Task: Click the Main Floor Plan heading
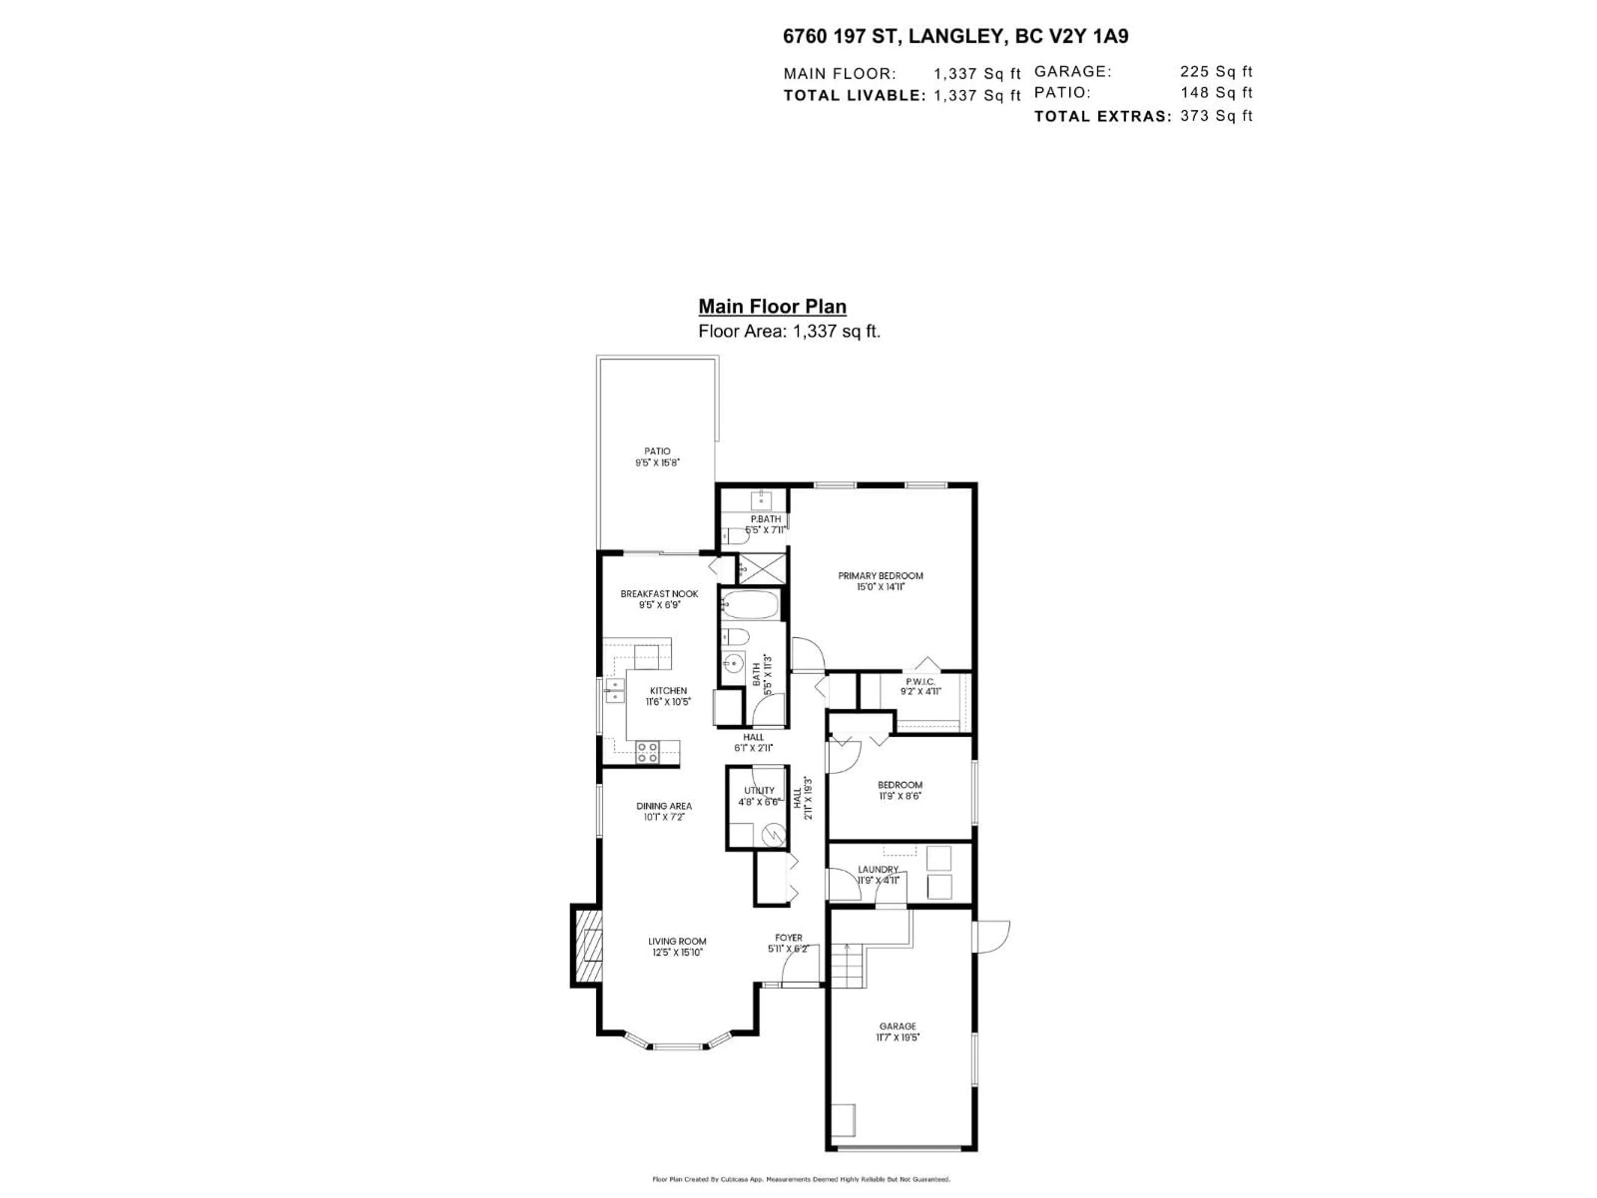click(x=772, y=307)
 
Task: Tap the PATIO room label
click(x=657, y=451)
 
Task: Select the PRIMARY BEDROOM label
click(x=880, y=576)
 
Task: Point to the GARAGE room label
click(x=897, y=1026)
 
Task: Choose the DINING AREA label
click(x=663, y=806)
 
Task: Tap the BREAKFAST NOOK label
click(x=659, y=594)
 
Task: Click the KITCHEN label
click(x=668, y=691)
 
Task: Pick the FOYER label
click(x=789, y=938)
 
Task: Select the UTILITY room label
click(x=759, y=791)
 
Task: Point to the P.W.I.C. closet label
click(x=920, y=682)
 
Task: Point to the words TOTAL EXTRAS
click(x=1102, y=116)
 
